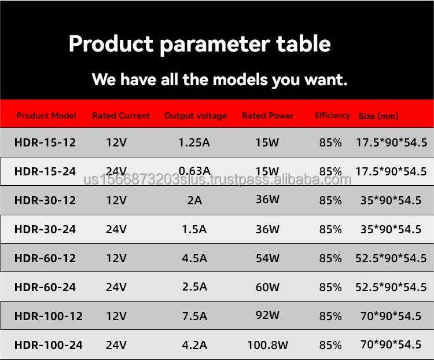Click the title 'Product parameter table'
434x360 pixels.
click(x=200, y=45)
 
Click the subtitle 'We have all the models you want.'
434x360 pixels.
click(x=219, y=79)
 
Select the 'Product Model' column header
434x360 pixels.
click(x=46, y=116)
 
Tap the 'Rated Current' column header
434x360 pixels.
click(x=121, y=116)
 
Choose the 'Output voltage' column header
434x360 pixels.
click(x=196, y=116)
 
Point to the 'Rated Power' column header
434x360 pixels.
click(x=267, y=116)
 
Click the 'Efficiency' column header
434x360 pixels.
click(x=332, y=116)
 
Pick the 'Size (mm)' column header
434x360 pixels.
click(x=378, y=116)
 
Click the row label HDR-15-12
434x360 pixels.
click(x=45, y=142)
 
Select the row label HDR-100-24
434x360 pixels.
click(x=48, y=345)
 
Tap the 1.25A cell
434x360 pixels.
click(x=194, y=142)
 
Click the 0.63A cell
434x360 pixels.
click(x=194, y=171)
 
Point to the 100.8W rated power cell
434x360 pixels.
click(x=267, y=345)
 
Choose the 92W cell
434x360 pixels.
click(x=267, y=315)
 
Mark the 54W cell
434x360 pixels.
click(x=267, y=258)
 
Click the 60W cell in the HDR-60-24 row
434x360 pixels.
click(x=267, y=287)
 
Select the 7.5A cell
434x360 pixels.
click(x=194, y=316)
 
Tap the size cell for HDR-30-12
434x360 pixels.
click(x=391, y=200)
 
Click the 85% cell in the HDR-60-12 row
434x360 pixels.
click(x=330, y=258)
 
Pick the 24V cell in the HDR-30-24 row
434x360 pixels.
click(x=116, y=229)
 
